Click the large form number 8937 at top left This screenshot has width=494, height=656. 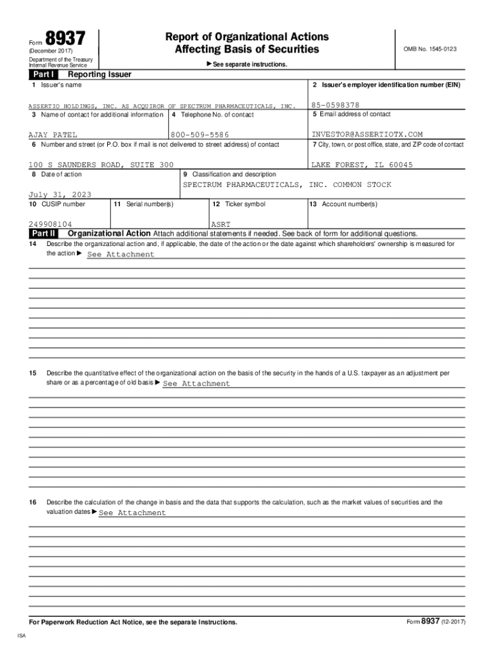(64, 39)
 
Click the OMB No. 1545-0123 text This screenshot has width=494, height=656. (430, 49)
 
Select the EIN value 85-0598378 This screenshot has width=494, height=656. (335, 105)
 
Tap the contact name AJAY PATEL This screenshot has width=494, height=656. (53, 135)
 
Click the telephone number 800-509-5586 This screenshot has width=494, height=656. (200, 135)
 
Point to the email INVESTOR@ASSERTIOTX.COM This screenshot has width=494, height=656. (367, 135)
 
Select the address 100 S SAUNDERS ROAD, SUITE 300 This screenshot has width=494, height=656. (101, 165)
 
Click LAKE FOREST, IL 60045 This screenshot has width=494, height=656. (362, 165)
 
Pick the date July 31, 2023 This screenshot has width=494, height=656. (60, 194)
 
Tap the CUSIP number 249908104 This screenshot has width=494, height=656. (55, 224)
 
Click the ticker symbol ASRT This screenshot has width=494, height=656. (221, 224)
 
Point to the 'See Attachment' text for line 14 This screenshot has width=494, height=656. (121, 254)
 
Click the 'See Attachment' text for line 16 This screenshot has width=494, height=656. (132, 512)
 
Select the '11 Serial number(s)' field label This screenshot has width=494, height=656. (143, 204)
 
